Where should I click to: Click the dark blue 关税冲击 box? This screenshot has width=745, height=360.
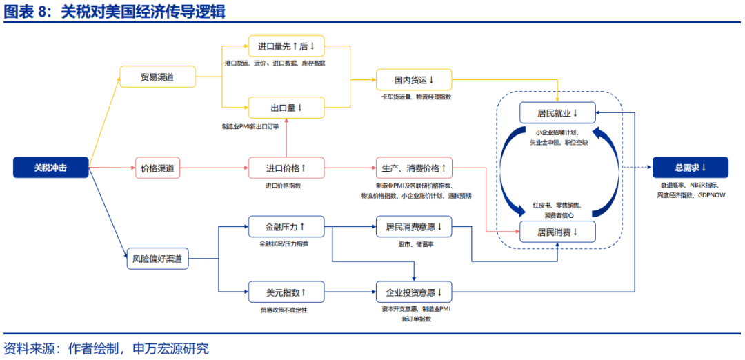51,167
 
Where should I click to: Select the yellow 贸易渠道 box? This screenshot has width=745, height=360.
157,77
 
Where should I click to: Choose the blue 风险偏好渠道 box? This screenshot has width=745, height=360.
157,259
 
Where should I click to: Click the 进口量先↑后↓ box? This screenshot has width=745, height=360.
286,46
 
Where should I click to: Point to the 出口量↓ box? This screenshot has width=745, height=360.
286,108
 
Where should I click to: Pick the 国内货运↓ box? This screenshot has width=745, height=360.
414,80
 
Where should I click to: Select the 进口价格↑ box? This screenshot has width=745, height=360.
286,168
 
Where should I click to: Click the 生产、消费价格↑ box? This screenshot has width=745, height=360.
414,168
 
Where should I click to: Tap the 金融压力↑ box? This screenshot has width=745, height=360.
286,226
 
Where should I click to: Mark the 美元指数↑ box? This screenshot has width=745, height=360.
286,292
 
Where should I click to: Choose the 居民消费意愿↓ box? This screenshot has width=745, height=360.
414,226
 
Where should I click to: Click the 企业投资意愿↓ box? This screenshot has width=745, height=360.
414,292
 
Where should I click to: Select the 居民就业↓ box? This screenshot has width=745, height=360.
558,112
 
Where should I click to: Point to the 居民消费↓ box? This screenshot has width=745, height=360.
558,232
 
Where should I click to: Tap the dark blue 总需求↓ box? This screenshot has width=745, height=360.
691,167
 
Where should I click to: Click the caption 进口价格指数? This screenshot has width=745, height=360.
284,186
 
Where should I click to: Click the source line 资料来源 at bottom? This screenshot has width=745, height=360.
106,348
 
